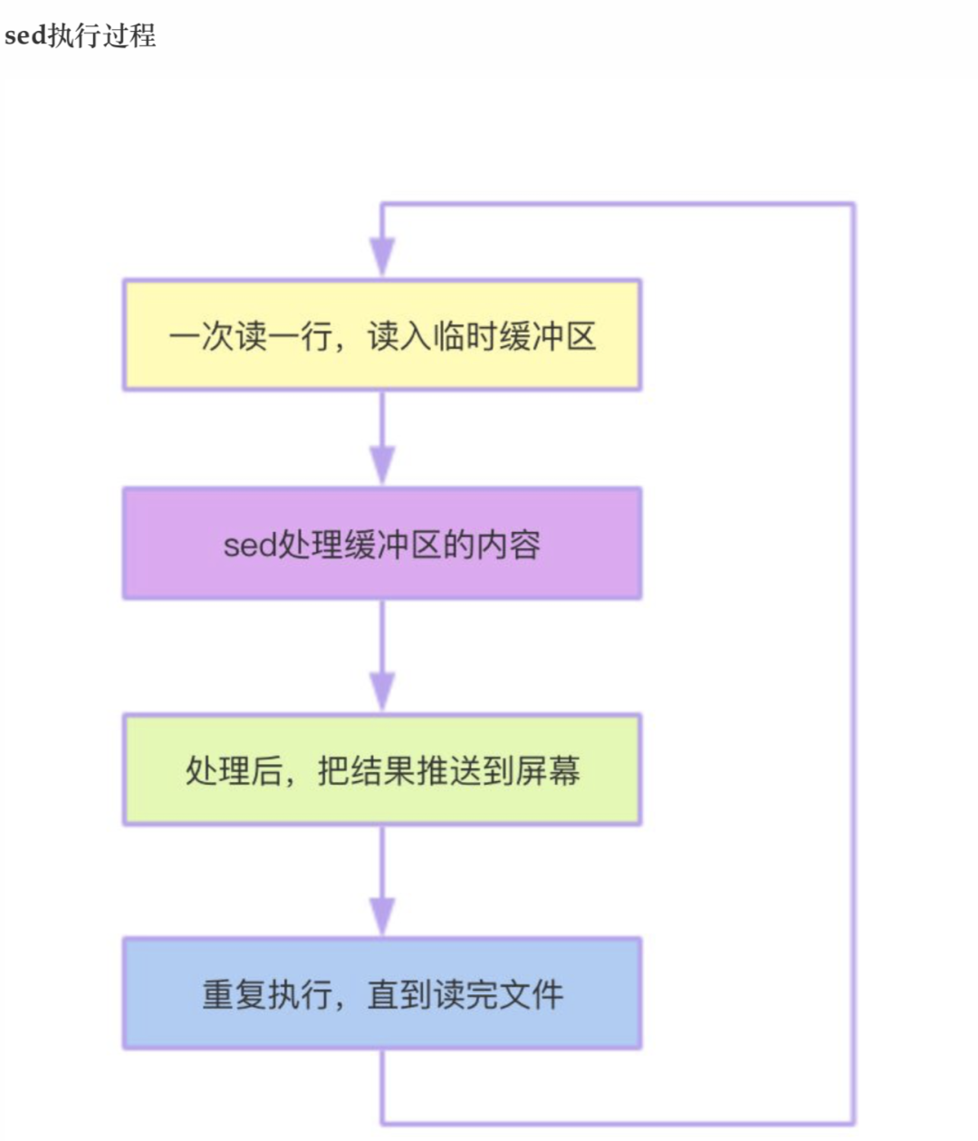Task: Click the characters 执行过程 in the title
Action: click(102, 36)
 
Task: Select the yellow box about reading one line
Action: click(382, 335)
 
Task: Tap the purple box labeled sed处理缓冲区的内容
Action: click(382, 543)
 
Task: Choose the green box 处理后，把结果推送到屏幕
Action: click(382, 769)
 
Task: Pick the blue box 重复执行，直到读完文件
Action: click(382, 993)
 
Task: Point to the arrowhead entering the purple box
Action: click(382, 465)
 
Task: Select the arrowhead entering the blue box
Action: click(382, 916)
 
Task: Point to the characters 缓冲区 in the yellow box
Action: click(547, 335)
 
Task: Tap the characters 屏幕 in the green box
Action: click(547, 770)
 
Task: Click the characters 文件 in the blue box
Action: click(531, 994)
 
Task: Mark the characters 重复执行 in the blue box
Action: click(267, 994)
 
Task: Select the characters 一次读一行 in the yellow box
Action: click(251, 335)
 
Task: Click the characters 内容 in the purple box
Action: click(508, 545)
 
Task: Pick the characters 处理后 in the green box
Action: click(235, 770)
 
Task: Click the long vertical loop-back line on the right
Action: click(853, 663)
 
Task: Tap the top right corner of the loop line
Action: click(853, 205)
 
